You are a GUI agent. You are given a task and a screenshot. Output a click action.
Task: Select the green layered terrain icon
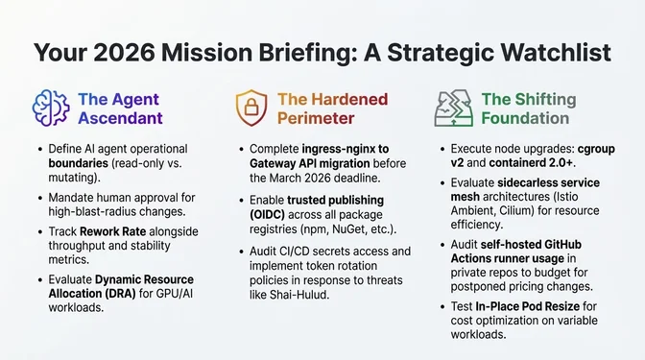453,108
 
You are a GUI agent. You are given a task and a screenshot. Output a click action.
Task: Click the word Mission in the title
227,52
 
